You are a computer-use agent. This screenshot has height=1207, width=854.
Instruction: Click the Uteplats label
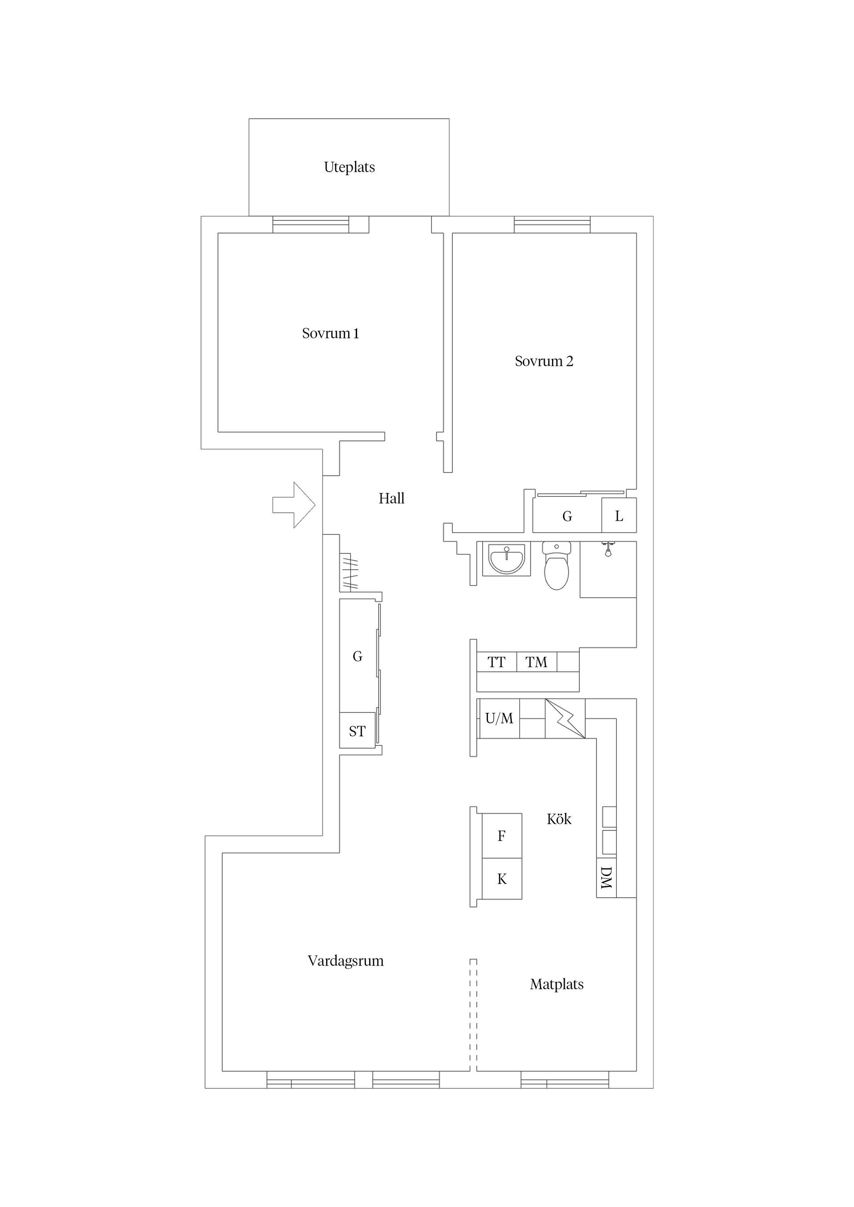pos(350,167)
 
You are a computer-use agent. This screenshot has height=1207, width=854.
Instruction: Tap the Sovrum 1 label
pos(330,333)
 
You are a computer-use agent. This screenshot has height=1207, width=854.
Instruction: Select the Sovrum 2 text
pos(544,361)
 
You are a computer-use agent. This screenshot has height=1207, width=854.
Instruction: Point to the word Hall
pos(391,498)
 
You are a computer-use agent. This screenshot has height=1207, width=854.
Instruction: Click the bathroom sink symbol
pos(506,559)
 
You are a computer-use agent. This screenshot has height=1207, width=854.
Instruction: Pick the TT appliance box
pos(496,662)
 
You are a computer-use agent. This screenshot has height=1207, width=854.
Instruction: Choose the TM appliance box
pos(536,662)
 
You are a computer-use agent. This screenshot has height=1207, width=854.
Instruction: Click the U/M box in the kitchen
pos(499,718)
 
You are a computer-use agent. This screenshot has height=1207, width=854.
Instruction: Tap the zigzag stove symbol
pos(565,718)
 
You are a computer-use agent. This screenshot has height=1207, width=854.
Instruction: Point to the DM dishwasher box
pos(606,878)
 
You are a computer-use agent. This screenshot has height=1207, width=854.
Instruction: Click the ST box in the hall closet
pos(357,731)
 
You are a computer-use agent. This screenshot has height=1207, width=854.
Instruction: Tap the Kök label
pos(559,819)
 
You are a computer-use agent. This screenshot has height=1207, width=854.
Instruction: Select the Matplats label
pos(557,984)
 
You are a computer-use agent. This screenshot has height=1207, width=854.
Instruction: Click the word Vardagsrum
pos(346,961)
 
